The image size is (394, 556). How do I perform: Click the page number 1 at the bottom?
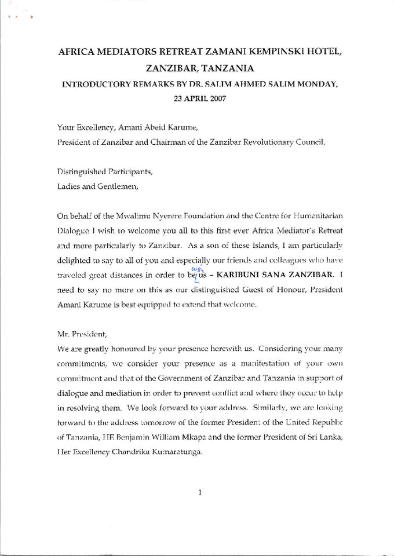pos(199,493)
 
